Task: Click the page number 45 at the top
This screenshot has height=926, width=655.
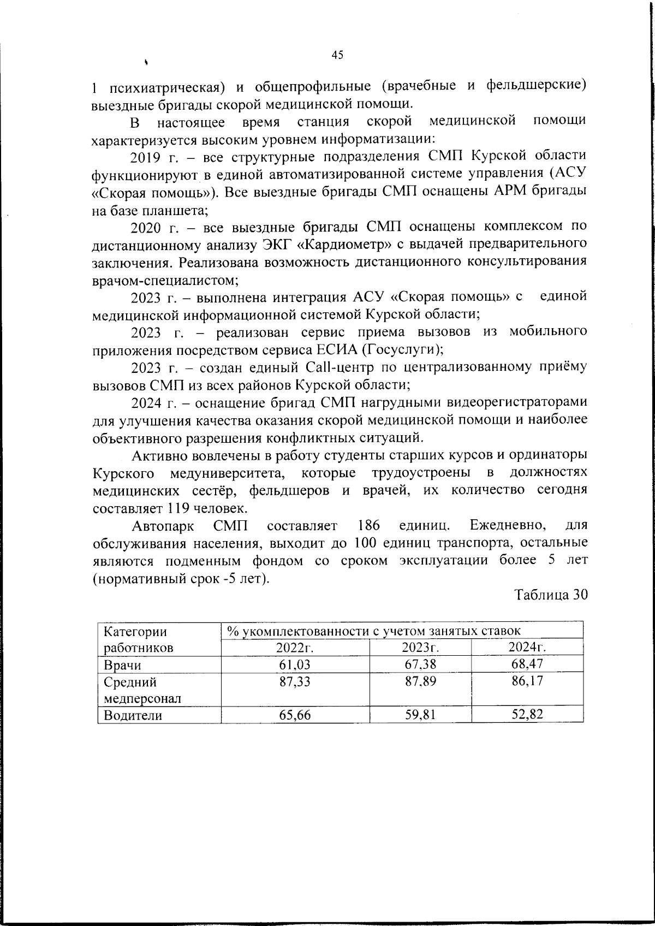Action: pos(337,55)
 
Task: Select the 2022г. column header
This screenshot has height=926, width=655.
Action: pos(295,648)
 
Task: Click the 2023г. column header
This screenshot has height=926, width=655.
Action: pos(420,648)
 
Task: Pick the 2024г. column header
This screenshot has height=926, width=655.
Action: pos(527,648)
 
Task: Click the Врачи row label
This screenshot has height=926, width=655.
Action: pos(122,664)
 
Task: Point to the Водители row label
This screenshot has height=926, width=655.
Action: pos(133,715)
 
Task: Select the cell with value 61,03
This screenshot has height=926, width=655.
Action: pos(295,664)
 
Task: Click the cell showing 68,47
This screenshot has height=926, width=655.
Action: pos(527,664)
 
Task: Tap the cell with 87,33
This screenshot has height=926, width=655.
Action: pos(295,681)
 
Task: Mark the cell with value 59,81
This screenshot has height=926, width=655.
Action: pos(420,715)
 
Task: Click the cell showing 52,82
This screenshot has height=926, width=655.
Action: pos(527,715)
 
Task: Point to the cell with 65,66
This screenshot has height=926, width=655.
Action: pos(295,715)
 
